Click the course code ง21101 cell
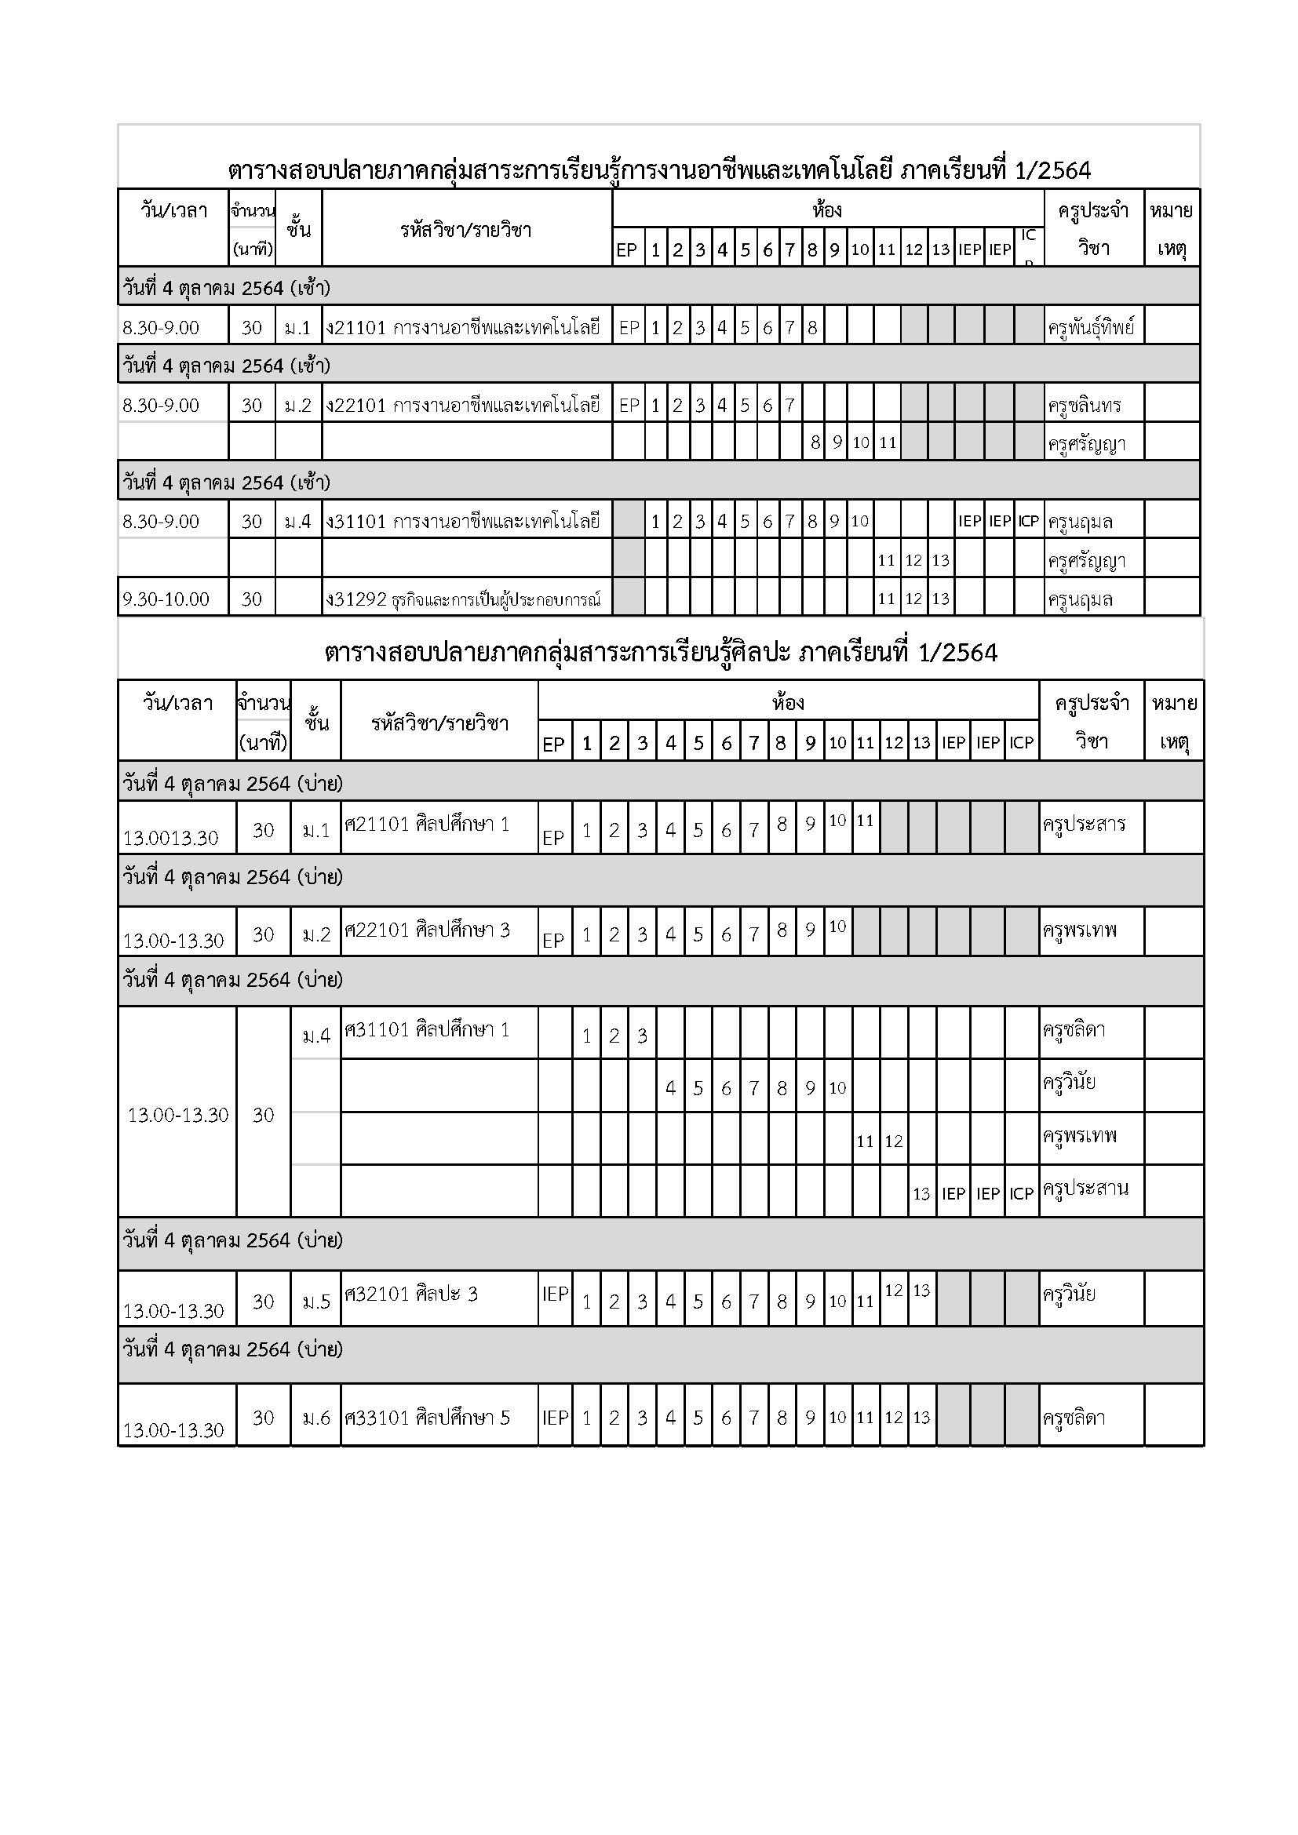[x=464, y=327]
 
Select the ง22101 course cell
[x=464, y=405]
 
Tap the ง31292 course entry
[x=464, y=599]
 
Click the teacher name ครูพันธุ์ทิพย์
[x=1091, y=327]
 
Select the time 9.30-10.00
[x=166, y=599]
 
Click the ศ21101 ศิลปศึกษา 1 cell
[x=427, y=824]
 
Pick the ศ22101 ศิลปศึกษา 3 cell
[x=427, y=930]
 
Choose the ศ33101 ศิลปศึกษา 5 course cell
[x=427, y=1418]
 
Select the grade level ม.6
[x=315, y=1418]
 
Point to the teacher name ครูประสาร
[x=1084, y=824]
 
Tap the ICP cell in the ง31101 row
[x=1028, y=522]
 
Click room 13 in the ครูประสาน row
[x=921, y=1194]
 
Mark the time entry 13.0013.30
[x=170, y=838]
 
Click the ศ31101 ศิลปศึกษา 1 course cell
[x=427, y=1029]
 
